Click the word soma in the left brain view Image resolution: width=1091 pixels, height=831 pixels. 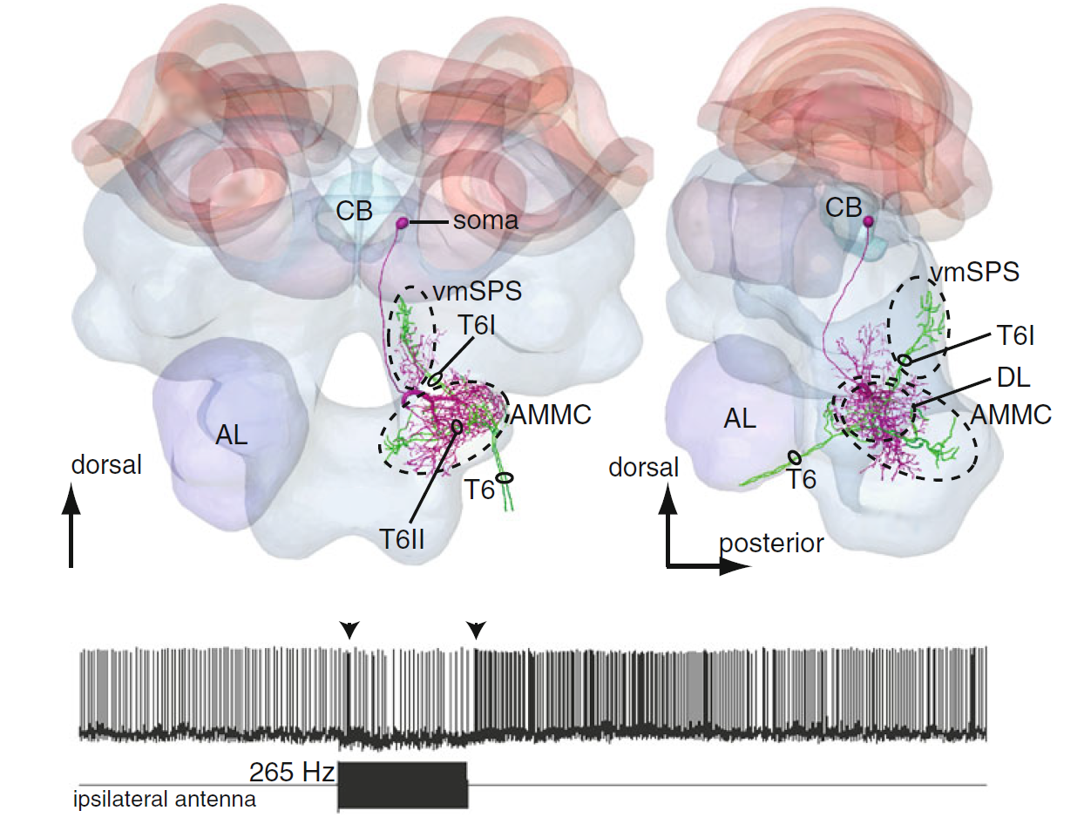(x=485, y=221)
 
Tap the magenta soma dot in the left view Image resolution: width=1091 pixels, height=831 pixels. (x=403, y=223)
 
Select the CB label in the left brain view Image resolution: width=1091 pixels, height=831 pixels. (x=354, y=211)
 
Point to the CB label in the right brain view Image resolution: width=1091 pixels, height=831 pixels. (x=844, y=207)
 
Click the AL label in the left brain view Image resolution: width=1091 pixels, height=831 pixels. (x=231, y=434)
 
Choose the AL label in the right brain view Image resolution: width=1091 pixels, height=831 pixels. (x=739, y=419)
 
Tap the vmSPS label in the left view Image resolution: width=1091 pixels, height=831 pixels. (x=477, y=290)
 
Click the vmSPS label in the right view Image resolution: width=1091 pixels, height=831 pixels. (x=974, y=272)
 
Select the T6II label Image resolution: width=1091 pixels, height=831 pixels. (x=402, y=539)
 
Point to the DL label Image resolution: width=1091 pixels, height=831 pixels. (x=1013, y=377)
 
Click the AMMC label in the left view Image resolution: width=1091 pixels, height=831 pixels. (x=551, y=415)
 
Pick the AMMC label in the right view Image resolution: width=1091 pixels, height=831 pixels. (x=1011, y=415)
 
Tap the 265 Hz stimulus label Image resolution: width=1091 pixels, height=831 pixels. (x=291, y=772)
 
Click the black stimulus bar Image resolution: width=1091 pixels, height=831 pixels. (x=403, y=785)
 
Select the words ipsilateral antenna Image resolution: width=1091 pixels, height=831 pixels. (x=165, y=799)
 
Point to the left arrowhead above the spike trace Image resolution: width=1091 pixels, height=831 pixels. (x=349, y=629)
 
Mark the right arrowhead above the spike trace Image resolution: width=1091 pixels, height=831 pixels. (x=476, y=629)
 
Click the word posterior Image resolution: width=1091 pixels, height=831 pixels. (x=771, y=543)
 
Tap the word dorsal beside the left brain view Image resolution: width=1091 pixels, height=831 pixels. (x=106, y=464)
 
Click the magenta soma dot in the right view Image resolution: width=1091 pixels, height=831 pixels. (x=868, y=221)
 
